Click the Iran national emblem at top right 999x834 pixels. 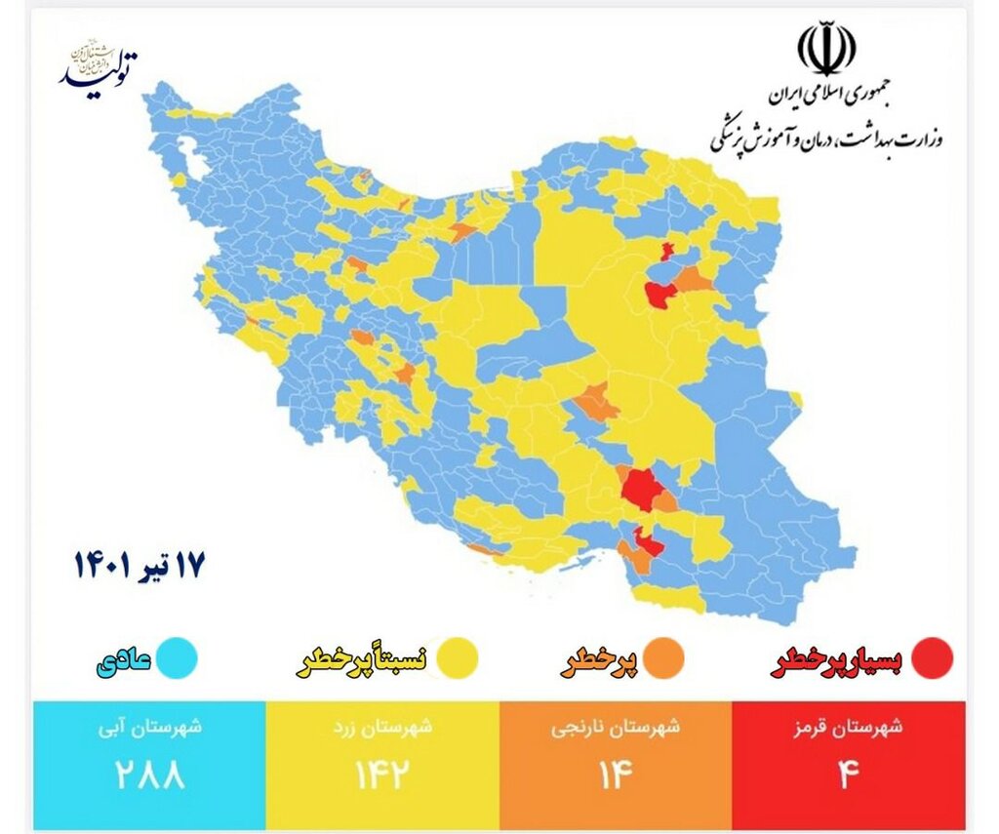pos(826,50)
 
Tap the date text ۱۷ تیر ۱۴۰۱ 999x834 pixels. pos(140,566)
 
